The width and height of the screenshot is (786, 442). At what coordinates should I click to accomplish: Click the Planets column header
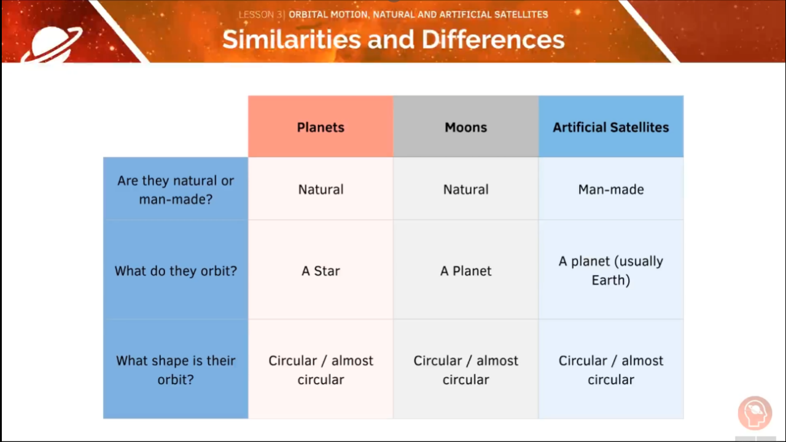321,127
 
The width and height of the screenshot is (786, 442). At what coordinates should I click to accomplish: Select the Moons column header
465,127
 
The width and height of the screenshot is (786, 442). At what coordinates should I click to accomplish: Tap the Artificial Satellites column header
610,127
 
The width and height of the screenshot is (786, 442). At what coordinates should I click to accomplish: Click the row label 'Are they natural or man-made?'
176,190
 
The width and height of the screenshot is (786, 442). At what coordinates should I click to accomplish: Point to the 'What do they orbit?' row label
176,271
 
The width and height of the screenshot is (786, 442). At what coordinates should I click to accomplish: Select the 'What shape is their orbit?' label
176,370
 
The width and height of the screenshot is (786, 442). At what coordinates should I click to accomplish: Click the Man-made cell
610,190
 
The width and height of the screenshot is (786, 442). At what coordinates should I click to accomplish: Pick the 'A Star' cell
321,271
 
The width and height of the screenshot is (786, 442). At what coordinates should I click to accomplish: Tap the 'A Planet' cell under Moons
465,271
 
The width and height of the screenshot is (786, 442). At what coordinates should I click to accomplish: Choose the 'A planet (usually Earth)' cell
610,271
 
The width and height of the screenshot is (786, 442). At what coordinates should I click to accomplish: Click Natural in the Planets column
321,190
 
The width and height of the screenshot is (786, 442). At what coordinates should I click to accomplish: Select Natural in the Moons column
465,190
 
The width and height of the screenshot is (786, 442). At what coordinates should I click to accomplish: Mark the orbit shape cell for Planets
321,370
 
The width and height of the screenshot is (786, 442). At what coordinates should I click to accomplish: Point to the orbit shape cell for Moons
465,370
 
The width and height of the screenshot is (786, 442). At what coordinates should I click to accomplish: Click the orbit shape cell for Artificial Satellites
610,370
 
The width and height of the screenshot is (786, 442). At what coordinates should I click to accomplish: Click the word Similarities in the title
292,40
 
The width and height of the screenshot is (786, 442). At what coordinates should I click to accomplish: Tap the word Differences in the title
493,40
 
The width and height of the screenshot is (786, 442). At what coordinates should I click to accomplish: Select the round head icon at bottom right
755,413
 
